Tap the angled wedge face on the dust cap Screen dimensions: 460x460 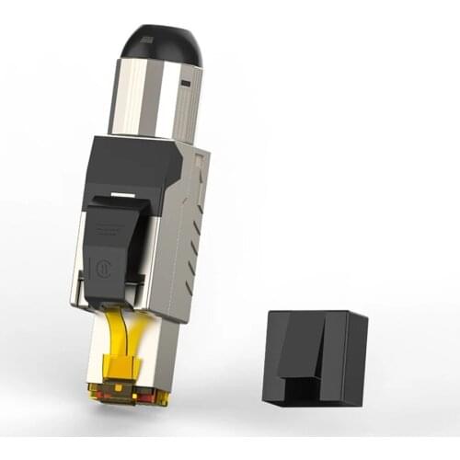click(x=299, y=345)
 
